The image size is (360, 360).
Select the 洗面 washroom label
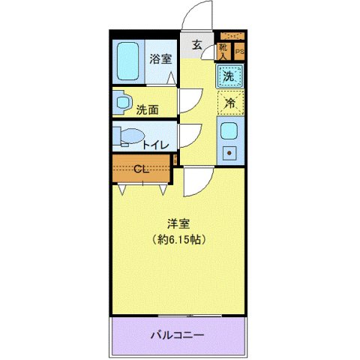point(147,109)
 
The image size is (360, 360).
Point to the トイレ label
point(155,145)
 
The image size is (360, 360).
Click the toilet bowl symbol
point(128,136)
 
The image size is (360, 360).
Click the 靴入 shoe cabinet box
point(223,50)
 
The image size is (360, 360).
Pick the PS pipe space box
point(239,51)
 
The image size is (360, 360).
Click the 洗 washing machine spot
point(230,75)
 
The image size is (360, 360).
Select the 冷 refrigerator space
point(231,103)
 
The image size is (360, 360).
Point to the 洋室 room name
point(178,223)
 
